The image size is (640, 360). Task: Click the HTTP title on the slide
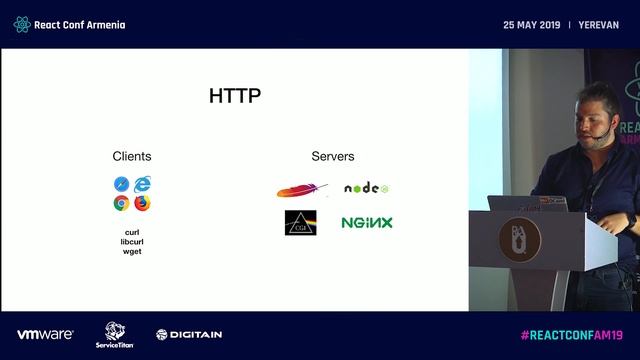235,97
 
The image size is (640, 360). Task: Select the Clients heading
132,157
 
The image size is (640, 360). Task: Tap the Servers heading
333,157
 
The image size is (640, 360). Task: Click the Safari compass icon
121,184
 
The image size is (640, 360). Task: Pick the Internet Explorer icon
143,184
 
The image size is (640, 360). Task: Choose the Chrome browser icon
121,203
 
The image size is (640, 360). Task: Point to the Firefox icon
143,203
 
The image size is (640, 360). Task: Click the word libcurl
132,241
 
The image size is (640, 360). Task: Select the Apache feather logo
302,190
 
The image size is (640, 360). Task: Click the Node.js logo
366,188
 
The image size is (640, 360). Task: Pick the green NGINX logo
366,222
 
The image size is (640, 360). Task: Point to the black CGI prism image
301,222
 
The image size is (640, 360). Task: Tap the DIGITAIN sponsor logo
189,334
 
